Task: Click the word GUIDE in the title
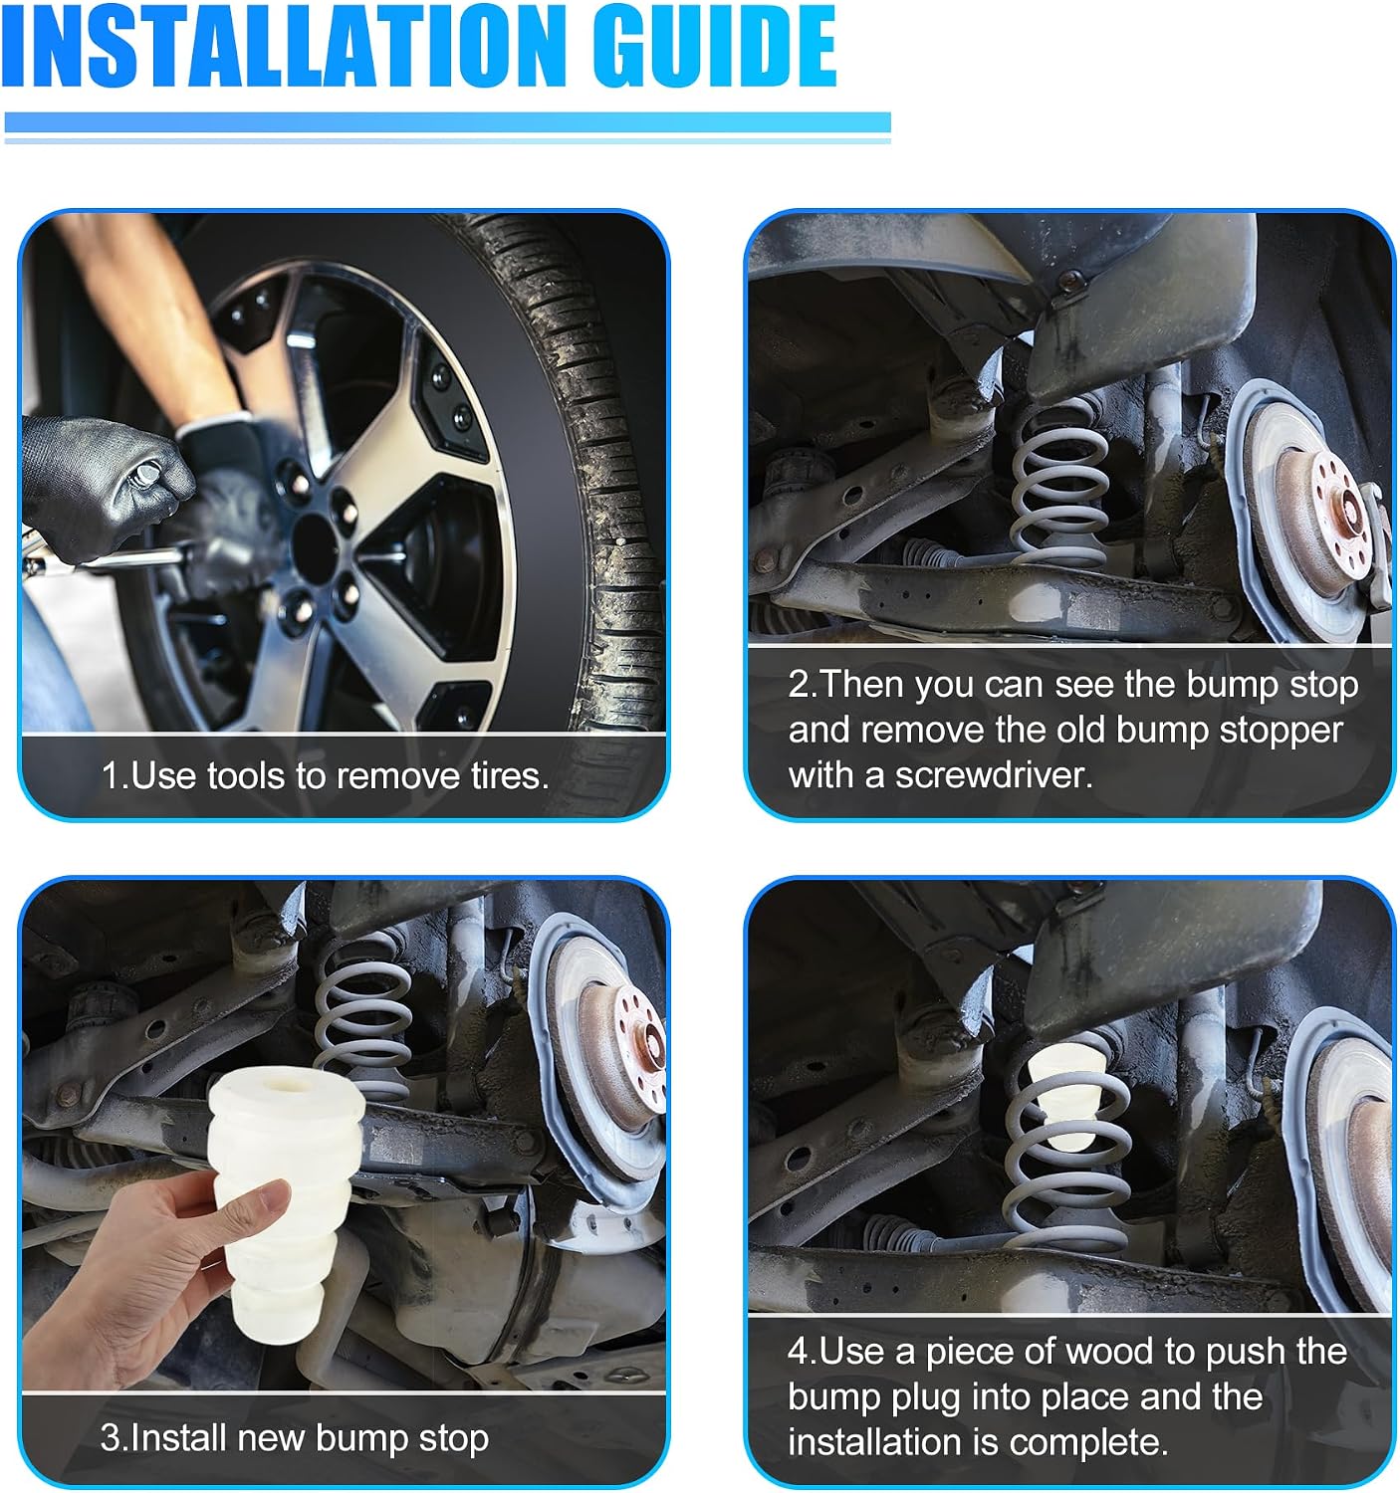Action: tap(715, 47)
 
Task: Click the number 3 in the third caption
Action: tap(110, 1438)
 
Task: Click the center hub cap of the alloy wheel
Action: tap(315, 547)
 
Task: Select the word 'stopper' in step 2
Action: tap(1281, 730)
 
